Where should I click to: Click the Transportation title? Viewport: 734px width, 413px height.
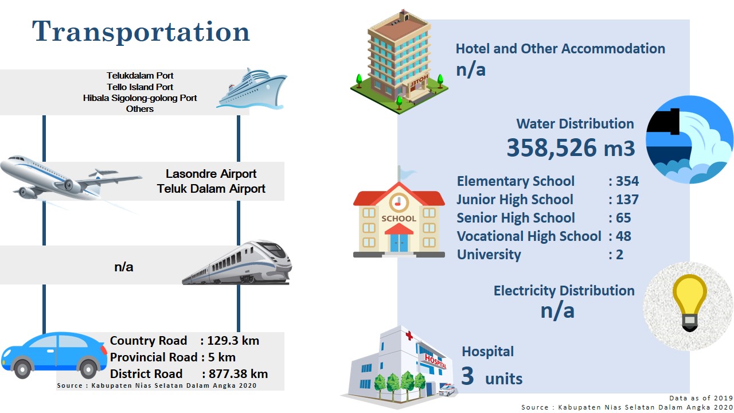point(141,32)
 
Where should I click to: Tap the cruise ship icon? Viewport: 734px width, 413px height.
point(252,88)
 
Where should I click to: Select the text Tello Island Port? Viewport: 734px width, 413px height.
point(140,87)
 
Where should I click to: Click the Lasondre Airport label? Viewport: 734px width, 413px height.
point(210,174)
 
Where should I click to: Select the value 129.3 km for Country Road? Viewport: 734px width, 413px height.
point(233,341)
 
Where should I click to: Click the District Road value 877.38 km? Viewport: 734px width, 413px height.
point(238,374)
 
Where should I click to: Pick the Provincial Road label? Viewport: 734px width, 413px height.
point(154,357)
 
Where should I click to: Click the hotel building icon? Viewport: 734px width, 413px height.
point(399,63)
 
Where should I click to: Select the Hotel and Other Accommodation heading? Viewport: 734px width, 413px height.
point(560,49)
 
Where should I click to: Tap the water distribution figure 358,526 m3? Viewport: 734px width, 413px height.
point(571,148)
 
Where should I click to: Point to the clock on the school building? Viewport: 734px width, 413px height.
point(399,202)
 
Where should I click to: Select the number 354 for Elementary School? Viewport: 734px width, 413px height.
point(627,181)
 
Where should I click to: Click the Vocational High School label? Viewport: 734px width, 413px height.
point(529,236)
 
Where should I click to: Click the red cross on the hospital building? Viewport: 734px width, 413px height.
point(409,336)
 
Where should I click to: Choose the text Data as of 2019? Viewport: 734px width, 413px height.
point(701,398)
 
